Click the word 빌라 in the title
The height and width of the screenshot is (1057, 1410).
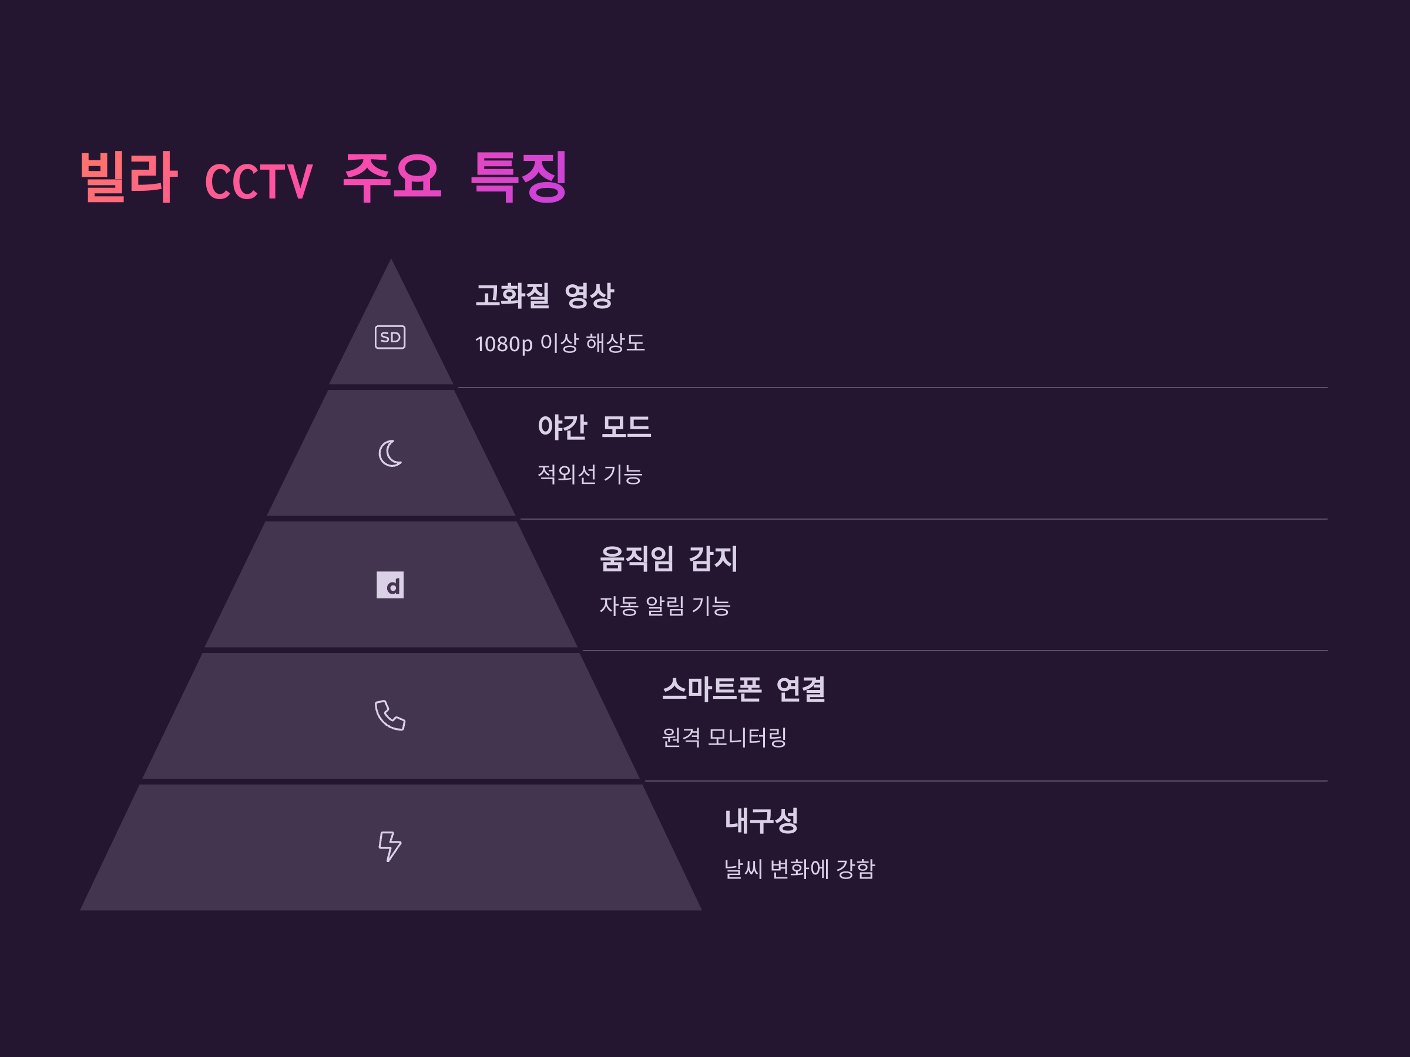[128, 177]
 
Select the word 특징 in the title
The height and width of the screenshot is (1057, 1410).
[518, 177]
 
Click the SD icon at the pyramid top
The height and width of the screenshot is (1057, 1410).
[390, 337]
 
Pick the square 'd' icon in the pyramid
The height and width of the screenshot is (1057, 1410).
[390, 585]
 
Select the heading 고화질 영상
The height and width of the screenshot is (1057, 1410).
[545, 295]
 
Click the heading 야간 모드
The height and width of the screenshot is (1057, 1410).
[594, 427]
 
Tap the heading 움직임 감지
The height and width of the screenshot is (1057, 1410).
[669, 559]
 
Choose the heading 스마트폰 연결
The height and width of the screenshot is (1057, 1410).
[743, 689]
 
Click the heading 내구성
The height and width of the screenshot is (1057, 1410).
[761, 820]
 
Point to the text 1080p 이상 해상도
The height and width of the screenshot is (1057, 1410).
[560, 344]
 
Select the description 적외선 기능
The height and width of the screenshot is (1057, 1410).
[590, 474]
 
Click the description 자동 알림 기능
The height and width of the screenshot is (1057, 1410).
[665, 606]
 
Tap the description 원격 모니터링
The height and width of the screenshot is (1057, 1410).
[724, 737]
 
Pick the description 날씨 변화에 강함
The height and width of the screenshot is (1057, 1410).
[800, 869]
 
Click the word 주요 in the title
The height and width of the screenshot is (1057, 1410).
[391, 177]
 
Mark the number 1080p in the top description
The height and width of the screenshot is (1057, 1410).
[503, 344]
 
